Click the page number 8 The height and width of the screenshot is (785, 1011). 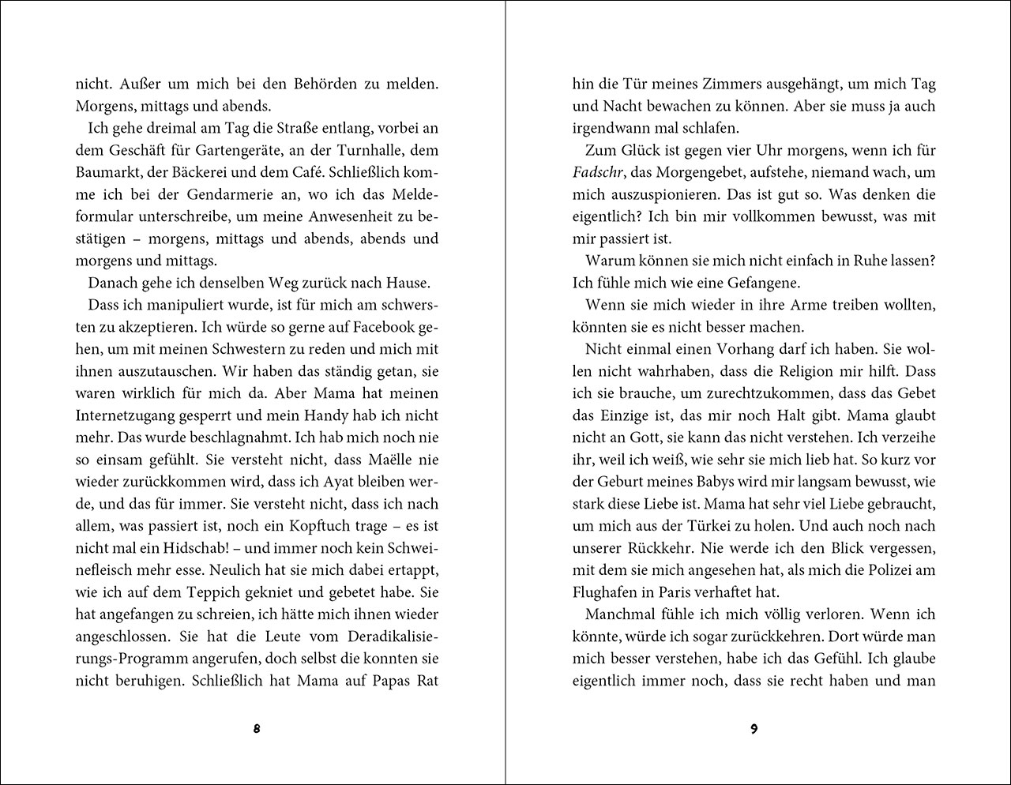pos(257,729)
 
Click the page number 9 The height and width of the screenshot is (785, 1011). pos(754,729)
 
